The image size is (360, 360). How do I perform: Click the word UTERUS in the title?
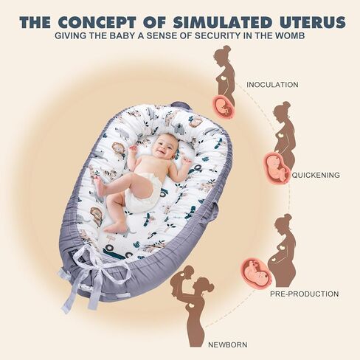coord(313,22)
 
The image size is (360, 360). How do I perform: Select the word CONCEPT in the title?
coord(97,22)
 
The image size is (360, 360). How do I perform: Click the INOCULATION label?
coord(272,85)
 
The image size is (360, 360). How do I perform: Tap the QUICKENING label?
coord(316,175)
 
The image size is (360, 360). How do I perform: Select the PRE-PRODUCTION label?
coord(305,294)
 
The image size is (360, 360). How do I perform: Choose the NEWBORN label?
coord(228,345)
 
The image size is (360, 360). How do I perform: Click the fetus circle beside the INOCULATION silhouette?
coord(224,106)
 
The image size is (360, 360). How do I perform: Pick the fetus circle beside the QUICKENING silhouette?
coord(277,167)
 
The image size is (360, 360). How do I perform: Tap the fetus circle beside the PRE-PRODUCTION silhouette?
coord(256,272)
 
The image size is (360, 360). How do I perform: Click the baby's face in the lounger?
coord(164,145)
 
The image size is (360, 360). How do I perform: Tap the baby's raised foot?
coord(100,187)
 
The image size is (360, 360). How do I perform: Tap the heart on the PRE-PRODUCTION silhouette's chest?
coord(281,246)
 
